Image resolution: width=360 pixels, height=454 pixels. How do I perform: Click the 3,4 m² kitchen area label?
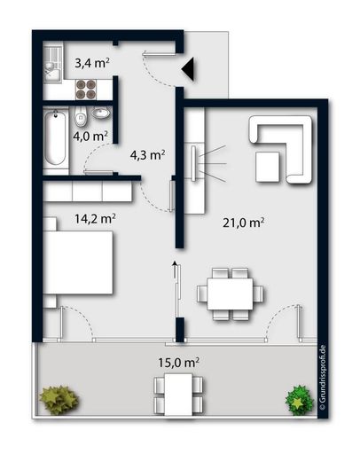pos(91,63)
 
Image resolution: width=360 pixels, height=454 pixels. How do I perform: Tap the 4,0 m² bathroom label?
pos(91,136)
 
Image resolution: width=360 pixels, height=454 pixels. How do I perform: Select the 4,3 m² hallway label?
pos(148,154)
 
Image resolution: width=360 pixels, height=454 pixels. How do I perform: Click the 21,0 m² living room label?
pos(245,223)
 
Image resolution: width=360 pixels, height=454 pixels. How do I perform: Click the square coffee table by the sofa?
pos(269,165)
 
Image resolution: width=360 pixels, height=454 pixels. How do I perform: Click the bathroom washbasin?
pos(100,113)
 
